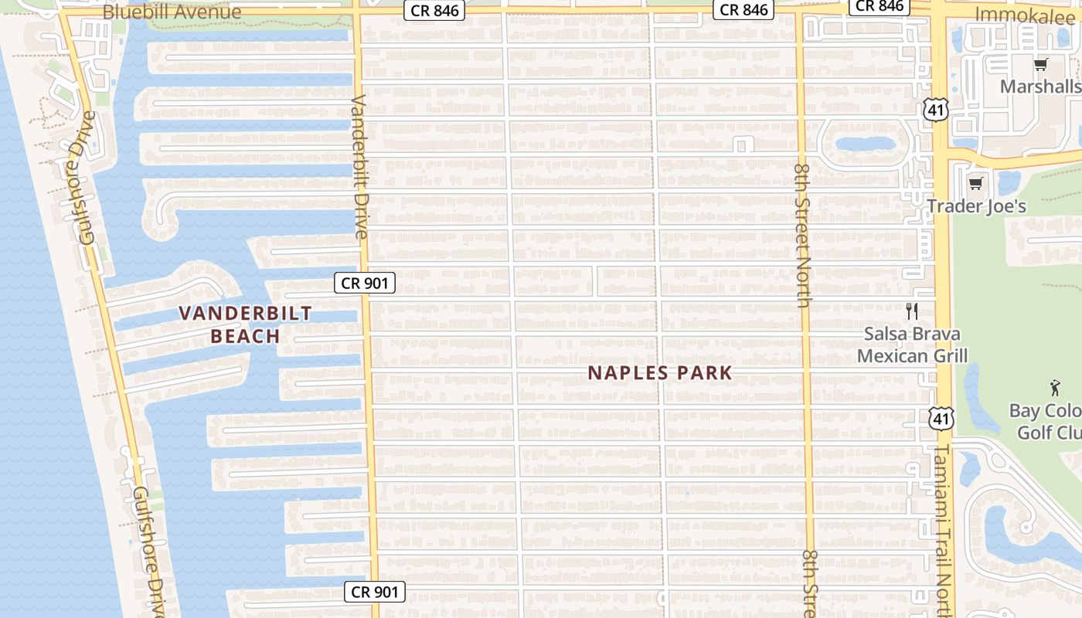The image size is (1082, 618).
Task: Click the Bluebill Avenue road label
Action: (x=172, y=12)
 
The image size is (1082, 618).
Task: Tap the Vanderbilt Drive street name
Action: (x=361, y=166)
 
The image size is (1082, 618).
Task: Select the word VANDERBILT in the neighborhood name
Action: (x=245, y=313)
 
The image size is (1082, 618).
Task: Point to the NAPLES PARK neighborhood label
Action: (x=659, y=373)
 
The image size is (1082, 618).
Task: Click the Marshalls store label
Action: (x=1040, y=86)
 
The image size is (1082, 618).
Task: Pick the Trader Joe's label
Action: (x=977, y=206)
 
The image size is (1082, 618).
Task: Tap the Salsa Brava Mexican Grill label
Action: (x=912, y=345)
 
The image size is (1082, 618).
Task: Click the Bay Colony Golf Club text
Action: (x=1045, y=421)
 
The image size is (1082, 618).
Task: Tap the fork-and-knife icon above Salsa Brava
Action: (x=912, y=311)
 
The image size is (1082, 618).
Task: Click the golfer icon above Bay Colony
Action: (x=1055, y=388)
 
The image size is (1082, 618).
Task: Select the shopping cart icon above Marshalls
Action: (x=1040, y=64)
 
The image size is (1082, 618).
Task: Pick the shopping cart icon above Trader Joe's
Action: (x=975, y=184)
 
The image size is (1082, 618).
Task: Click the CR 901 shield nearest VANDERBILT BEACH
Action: (x=365, y=283)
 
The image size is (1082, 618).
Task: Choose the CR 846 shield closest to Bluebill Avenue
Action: (x=434, y=11)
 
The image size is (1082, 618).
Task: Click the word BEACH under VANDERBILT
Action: (x=245, y=336)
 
